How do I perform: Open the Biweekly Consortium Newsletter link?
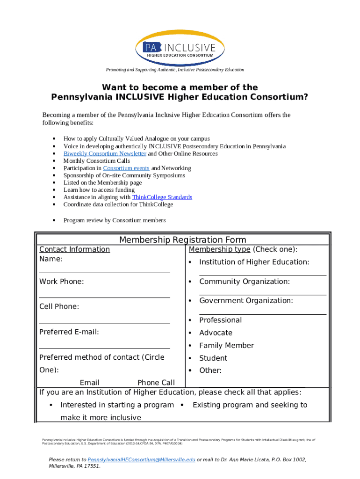pyautogui.click(x=105, y=153)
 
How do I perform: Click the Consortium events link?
pyautogui.click(x=126, y=168)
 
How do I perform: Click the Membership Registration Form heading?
pyautogui.click(x=182, y=240)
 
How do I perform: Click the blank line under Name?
pyautogui.click(x=104, y=272)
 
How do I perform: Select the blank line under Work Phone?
pyautogui.click(x=104, y=297)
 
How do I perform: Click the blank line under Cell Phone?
pyautogui.click(x=104, y=322)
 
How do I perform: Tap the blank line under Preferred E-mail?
pyautogui.click(x=104, y=348)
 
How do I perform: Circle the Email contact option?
pyautogui.click(x=89, y=383)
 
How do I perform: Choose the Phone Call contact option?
pyautogui.click(x=156, y=383)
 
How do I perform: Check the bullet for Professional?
pyautogui.click(x=190, y=320)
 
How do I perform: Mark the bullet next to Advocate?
pyautogui.click(x=190, y=333)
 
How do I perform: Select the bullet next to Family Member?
pyautogui.click(x=190, y=346)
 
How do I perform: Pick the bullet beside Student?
pyautogui.click(x=190, y=358)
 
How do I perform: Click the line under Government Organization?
pyautogui.click(x=262, y=314)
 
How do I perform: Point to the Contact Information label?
pyautogui.click(x=74, y=249)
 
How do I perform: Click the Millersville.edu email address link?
pyautogui.click(x=141, y=460)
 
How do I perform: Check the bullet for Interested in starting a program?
pyautogui.click(x=50, y=405)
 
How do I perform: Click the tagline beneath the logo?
pyautogui.click(x=175, y=70)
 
